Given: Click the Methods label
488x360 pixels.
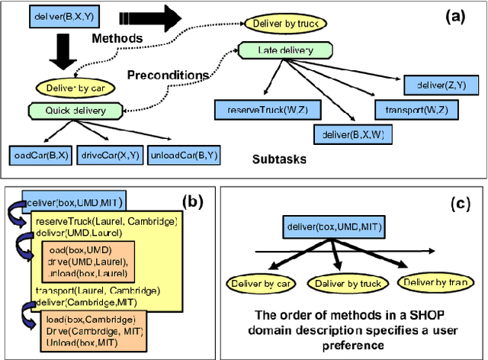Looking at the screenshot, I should tap(116, 37).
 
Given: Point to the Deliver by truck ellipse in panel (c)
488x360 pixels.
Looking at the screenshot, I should tap(342, 284).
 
